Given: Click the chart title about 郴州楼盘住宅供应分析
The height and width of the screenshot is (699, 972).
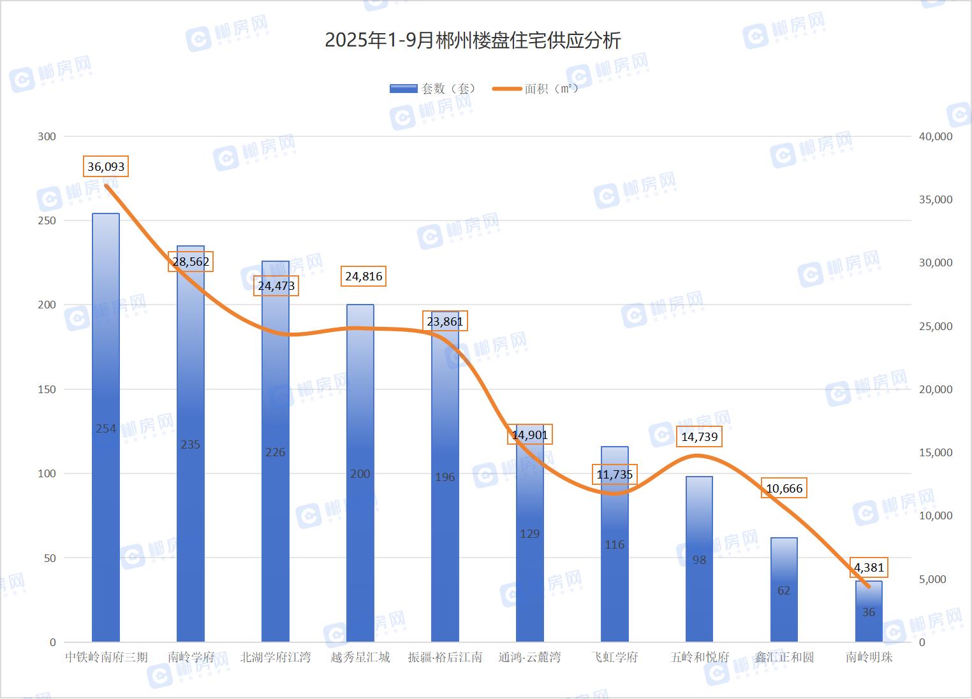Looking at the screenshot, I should [473, 41].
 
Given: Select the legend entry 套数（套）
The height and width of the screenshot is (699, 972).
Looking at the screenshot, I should [432, 89].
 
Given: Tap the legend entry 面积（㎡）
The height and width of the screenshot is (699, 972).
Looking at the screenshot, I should [536, 89].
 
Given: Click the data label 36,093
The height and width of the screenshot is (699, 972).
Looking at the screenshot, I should [106, 166].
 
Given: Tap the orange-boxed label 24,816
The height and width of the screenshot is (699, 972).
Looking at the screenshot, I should [364, 276].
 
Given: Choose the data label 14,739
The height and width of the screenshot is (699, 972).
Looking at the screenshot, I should [699, 436].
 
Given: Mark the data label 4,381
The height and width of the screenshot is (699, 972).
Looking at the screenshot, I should [869, 567].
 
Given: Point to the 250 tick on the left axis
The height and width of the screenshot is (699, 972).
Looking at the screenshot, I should [48, 220].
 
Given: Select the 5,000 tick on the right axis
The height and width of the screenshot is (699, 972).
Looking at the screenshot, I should [935, 579].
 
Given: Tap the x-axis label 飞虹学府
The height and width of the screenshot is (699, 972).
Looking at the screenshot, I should [614, 657].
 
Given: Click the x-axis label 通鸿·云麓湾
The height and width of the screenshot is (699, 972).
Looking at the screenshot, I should [530, 657].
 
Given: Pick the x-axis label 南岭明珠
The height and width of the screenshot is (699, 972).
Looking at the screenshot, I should [869, 657].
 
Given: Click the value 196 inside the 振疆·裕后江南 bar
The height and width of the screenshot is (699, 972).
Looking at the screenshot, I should [445, 477].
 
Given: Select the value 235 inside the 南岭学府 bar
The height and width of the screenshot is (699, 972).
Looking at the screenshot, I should [190, 444].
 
